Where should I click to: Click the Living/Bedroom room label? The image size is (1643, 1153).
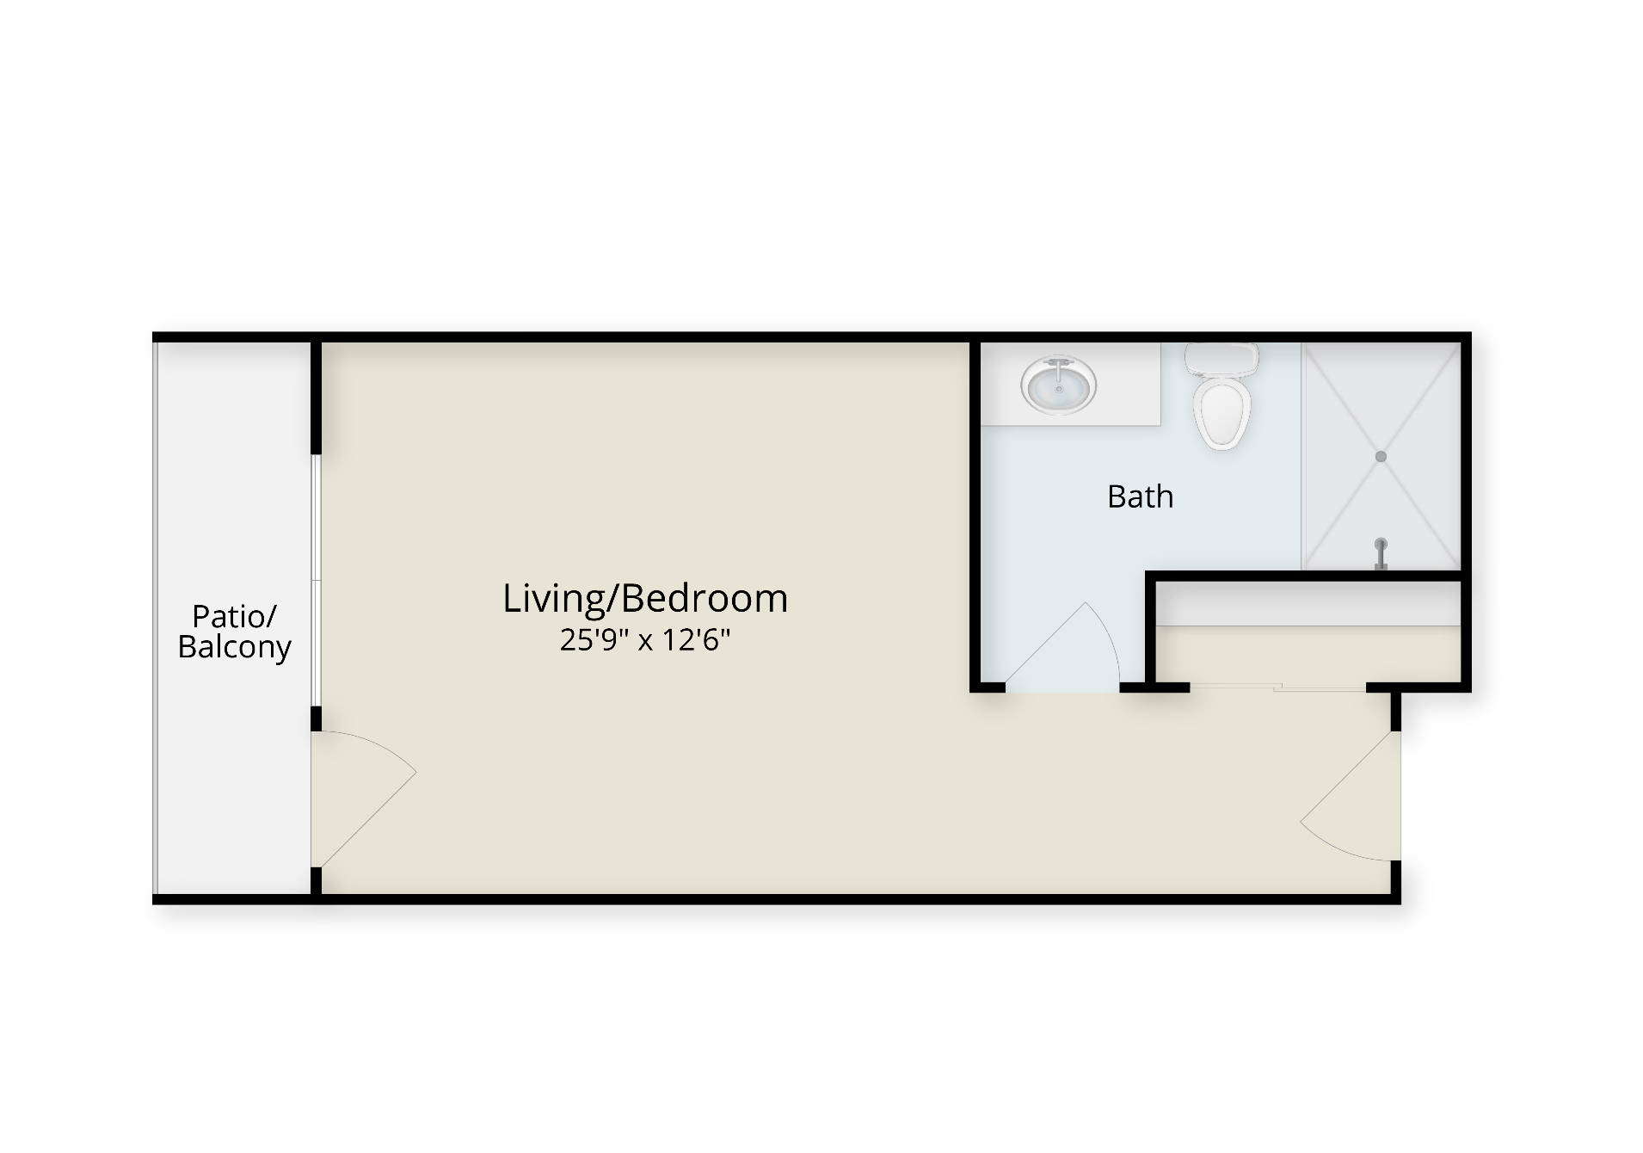click(645, 599)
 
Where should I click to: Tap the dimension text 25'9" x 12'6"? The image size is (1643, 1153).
click(645, 640)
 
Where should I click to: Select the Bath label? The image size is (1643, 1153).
click(1140, 496)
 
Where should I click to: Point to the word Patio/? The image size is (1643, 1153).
click(234, 616)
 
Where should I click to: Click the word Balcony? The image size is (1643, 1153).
click(234, 647)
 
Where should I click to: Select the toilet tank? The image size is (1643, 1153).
click(1221, 359)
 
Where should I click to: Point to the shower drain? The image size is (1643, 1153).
click(1381, 456)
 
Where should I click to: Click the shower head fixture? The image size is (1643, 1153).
click(1381, 553)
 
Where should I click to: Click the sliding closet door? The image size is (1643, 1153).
click(1277, 687)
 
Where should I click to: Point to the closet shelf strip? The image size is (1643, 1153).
click(1308, 604)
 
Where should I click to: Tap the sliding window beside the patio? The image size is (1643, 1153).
click(317, 581)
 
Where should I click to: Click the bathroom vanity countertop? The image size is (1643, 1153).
click(1071, 384)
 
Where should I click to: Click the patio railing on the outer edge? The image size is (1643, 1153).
click(156, 619)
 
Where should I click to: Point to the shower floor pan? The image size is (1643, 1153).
click(1381, 456)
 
